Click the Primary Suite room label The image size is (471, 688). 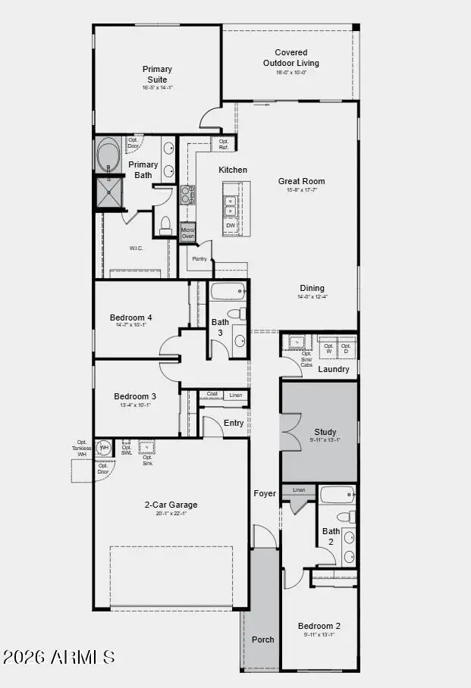(x=158, y=74)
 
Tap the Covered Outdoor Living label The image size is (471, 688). (x=290, y=58)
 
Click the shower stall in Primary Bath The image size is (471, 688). (x=108, y=192)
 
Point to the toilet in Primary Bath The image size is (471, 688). (x=166, y=224)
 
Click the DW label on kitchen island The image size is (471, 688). (x=230, y=225)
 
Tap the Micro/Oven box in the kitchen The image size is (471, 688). (x=187, y=233)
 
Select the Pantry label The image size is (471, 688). (x=199, y=259)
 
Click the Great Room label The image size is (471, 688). (x=301, y=181)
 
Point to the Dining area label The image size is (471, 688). (x=312, y=288)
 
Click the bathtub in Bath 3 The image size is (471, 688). (x=228, y=291)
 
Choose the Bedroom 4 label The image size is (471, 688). (x=131, y=317)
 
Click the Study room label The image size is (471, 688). (x=325, y=432)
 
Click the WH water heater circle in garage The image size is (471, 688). (x=105, y=448)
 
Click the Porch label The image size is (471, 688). (x=263, y=640)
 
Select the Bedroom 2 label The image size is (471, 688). (x=319, y=626)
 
